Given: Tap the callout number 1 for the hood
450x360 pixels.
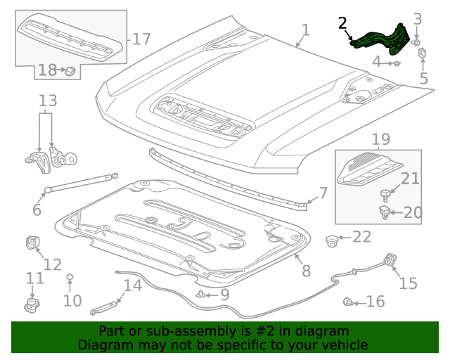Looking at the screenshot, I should pos(305,30).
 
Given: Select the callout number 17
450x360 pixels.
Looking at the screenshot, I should pos(141,39).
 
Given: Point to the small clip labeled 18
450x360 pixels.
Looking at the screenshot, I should pos(70,70).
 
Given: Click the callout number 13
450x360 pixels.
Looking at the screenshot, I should pos(47,101).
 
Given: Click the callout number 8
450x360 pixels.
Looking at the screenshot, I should pos(306,271).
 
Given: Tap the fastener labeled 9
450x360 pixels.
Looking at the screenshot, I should pos(202,295).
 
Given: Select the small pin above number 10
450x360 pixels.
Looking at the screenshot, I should pos(70,278).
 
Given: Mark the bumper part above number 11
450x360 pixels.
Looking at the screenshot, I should pos(31,306).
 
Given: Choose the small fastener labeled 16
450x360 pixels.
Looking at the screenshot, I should pos(348,302).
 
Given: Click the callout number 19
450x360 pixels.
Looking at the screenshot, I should pos(380,139).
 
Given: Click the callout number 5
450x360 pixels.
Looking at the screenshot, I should pos(423,77).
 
